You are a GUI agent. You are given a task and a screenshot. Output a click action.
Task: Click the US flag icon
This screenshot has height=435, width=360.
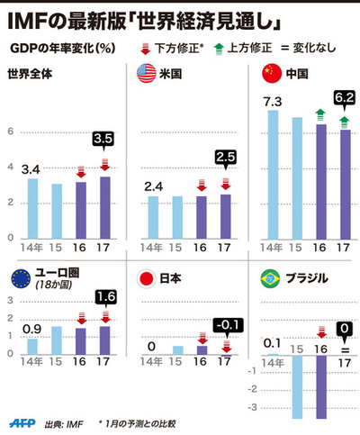[x=143, y=74]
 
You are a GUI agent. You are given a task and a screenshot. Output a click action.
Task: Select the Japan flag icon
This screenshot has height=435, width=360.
[x=144, y=277]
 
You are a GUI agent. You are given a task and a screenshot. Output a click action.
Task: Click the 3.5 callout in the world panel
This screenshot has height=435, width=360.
[x=105, y=140]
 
